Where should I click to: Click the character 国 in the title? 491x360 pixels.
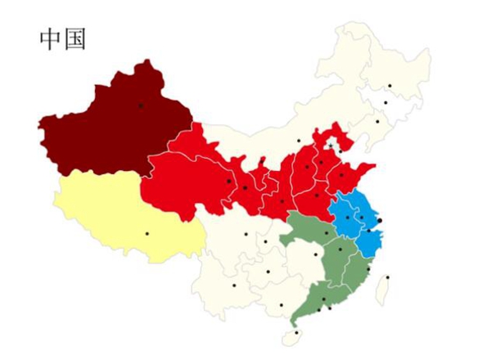[x=74, y=39]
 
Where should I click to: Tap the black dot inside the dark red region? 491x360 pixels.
[x=141, y=106]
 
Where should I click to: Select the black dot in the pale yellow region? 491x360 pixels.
[x=147, y=234]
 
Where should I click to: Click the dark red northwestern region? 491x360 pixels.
[x=115, y=131]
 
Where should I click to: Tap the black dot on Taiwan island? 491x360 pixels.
[x=388, y=277]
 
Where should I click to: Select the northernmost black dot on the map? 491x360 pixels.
[x=390, y=85]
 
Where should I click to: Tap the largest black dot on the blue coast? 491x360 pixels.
[x=380, y=221]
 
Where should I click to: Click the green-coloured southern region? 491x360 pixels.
[x=327, y=262]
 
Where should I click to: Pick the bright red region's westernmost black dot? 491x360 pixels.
[x=228, y=181]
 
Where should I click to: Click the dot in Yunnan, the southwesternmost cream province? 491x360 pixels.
[x=233, y=286]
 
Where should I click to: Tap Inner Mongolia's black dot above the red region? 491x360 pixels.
[x=299, y=141]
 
